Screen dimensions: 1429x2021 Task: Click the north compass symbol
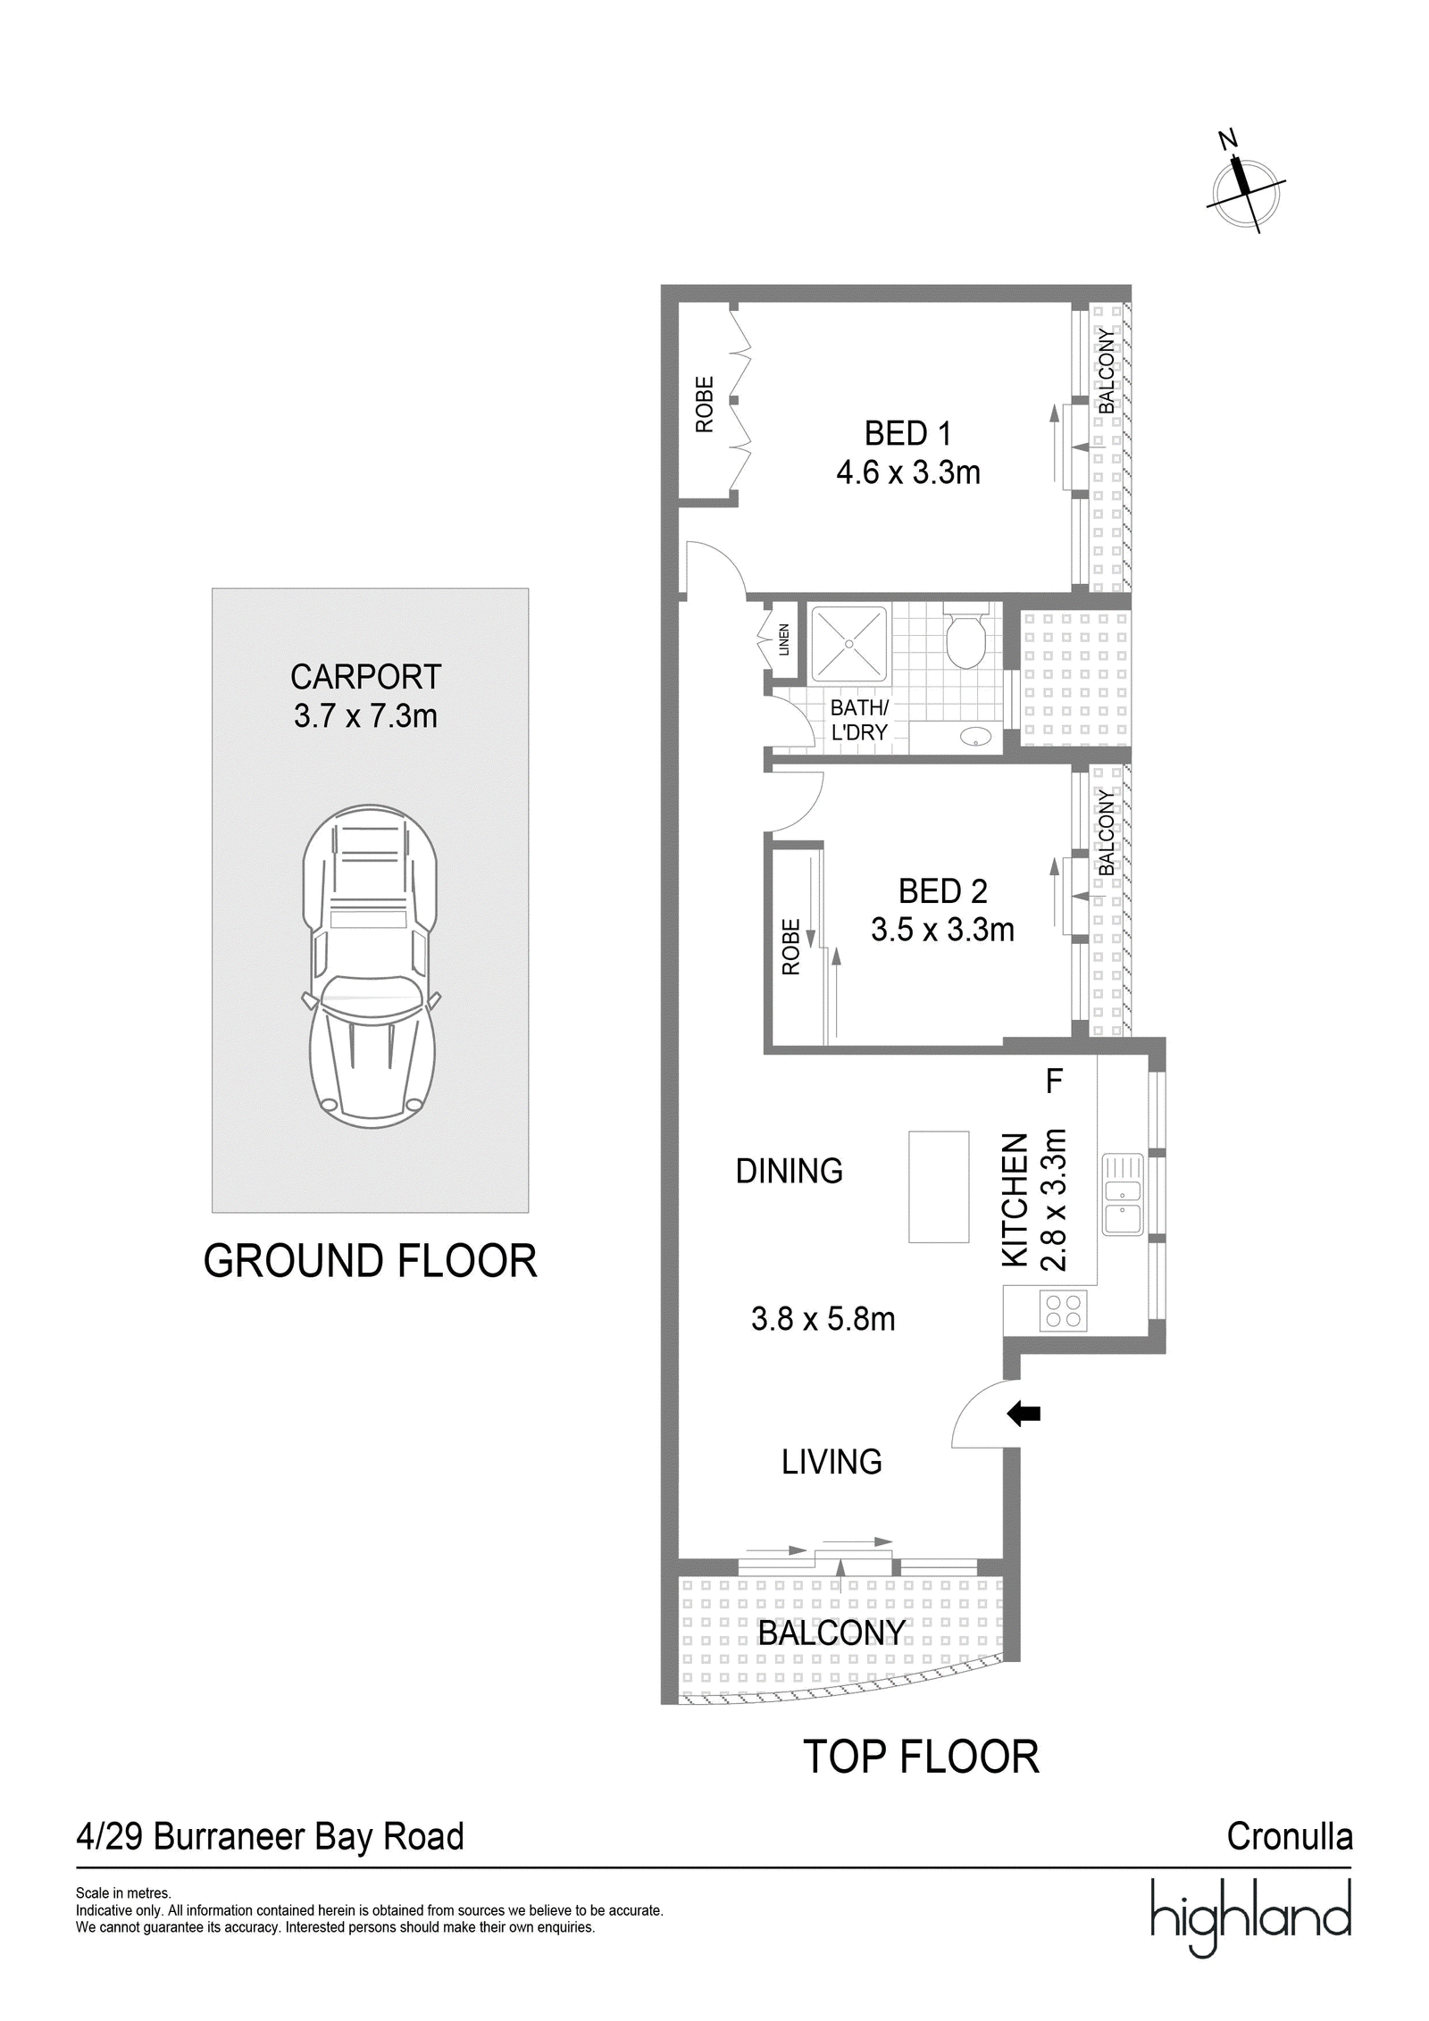pyautogui.click(x=1245, y=185)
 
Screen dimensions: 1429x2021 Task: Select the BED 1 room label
pyautogui.click(x=907, y=434)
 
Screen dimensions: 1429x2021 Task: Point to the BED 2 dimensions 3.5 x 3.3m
pyautogui.click(x=942, y=930)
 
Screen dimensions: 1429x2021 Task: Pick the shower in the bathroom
pyautogui.click(x=848, y=644)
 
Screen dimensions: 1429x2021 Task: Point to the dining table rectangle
pyautogui.click(x=939, y=1186)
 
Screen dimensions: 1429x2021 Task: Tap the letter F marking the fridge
pyautogui.click(x=1054, y=1081)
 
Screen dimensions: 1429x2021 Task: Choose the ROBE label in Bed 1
pyautogui.click(x=705, y=405)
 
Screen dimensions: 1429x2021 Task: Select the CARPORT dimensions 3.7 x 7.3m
pyautogui.click(x=365, y=716)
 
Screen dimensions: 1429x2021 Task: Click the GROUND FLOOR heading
pyautogui.click(x=370, y=1261)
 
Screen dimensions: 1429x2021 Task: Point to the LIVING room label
pyautogui.click(x=831, y=1462)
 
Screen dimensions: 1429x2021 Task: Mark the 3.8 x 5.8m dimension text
pyautogui.click(x=823, y=1319)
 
